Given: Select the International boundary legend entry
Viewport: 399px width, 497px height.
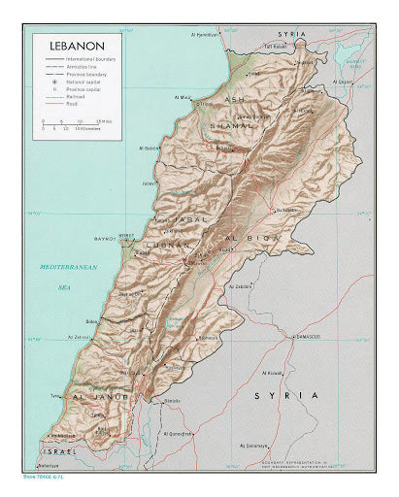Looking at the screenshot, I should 91,60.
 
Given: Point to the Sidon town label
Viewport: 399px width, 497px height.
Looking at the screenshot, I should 91,320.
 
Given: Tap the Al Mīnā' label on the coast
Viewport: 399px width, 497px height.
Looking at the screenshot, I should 182,97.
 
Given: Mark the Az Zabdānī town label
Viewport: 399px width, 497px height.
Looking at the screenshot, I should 241,286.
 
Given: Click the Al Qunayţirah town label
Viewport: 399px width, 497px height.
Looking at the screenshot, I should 181,433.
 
